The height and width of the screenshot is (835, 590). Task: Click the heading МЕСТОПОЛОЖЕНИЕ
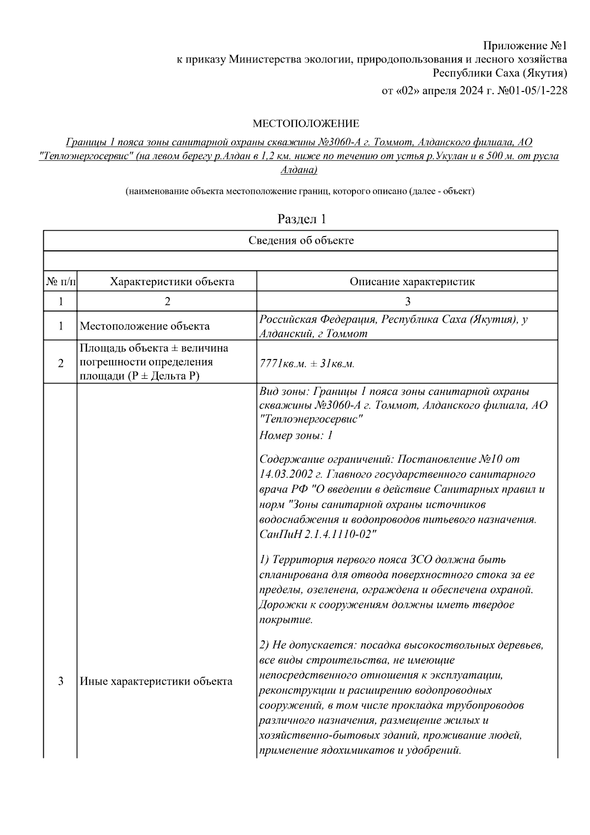click(x=305, y=123)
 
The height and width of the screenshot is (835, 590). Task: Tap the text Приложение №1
click(x=525, y=46)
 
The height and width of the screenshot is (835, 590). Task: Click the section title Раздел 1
click(x=301, y=219)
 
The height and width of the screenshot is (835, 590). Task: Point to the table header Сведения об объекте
click(x=301, y=240)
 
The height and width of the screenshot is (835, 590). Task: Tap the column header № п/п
click(x=61, y=282)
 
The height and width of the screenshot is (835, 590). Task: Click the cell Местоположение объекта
click(x=145, y=326)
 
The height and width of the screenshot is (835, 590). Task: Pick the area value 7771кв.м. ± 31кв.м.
click(x=307, y=364)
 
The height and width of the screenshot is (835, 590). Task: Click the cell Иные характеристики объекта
click(x=156, y=682)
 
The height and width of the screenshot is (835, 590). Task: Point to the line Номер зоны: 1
click(x=296, y=435)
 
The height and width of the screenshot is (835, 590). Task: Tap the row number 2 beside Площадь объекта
click(x=61, y=364)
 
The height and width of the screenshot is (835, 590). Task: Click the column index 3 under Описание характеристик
click(x=407, y=301)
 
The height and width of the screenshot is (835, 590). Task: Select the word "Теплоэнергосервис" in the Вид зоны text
click(x=311, y=420)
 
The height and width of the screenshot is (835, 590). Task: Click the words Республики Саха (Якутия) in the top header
click(x=500, y=74)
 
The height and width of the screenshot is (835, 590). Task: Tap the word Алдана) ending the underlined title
click(x=298, y=170)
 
